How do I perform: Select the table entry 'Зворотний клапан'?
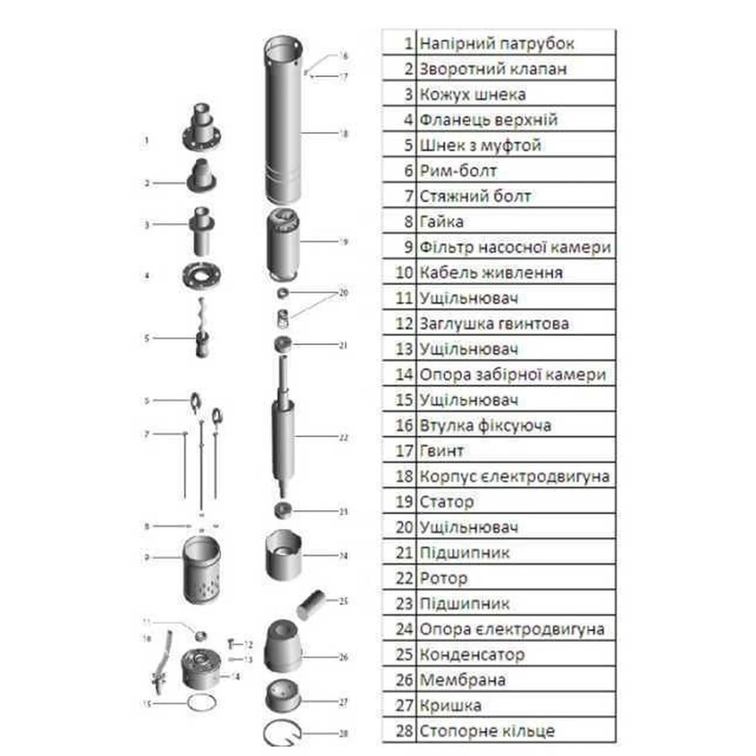click(493, 69)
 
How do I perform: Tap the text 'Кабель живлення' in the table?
click(491, 273)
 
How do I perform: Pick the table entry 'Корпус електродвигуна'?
click(514, 477)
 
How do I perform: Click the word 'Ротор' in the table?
click(443, 578)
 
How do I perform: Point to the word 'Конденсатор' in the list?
click(471, 654)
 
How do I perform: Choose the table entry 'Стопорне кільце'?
click(487, 731)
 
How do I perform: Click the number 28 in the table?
click(404, 731)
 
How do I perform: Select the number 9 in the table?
click(408, 247)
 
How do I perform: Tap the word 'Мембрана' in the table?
click(462, 680)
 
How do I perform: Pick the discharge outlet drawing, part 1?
click(201, 127)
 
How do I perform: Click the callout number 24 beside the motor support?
click(343, 556)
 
